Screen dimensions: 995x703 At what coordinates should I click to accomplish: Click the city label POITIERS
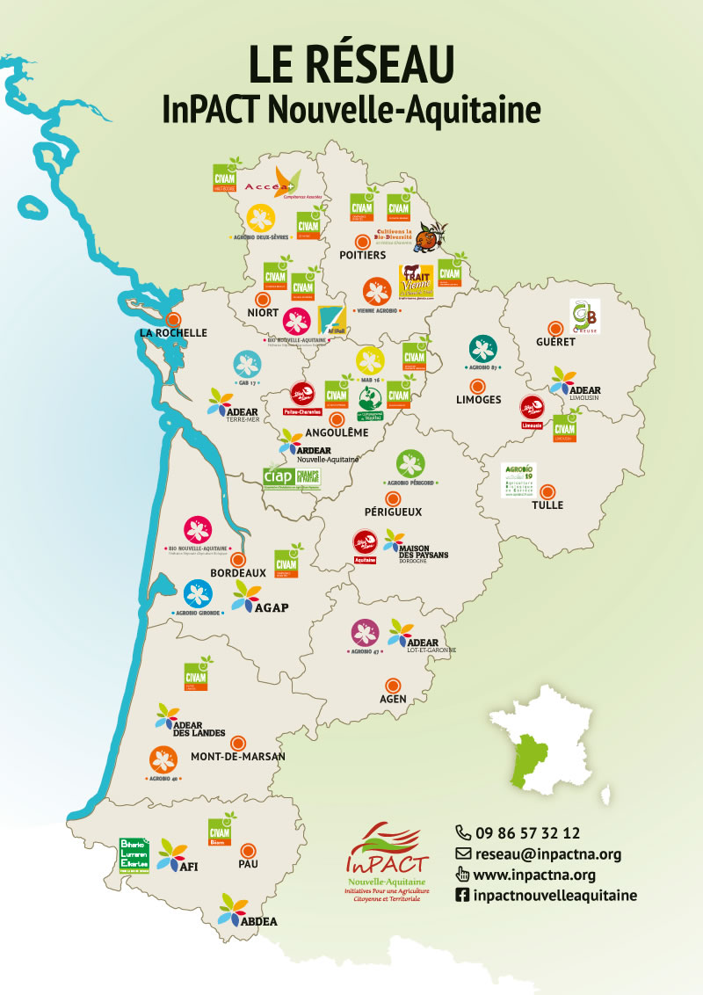pos(362,255)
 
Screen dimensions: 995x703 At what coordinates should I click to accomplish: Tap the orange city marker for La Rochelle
pos(174,319)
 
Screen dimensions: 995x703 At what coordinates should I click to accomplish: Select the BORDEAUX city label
pos(237,572)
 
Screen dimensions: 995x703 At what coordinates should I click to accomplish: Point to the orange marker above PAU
pos(249,850)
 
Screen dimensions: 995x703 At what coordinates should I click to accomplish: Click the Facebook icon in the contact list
pos(462,896)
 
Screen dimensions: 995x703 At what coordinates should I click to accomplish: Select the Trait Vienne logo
pos(416,282)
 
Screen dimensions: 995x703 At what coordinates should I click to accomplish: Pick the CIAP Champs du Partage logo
pos(292,476)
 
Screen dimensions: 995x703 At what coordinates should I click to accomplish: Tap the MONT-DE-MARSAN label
pos(238,756)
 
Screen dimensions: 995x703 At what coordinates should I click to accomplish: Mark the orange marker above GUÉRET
pos(554,325)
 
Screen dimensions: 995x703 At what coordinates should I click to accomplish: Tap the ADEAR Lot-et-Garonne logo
pos(413,639)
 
